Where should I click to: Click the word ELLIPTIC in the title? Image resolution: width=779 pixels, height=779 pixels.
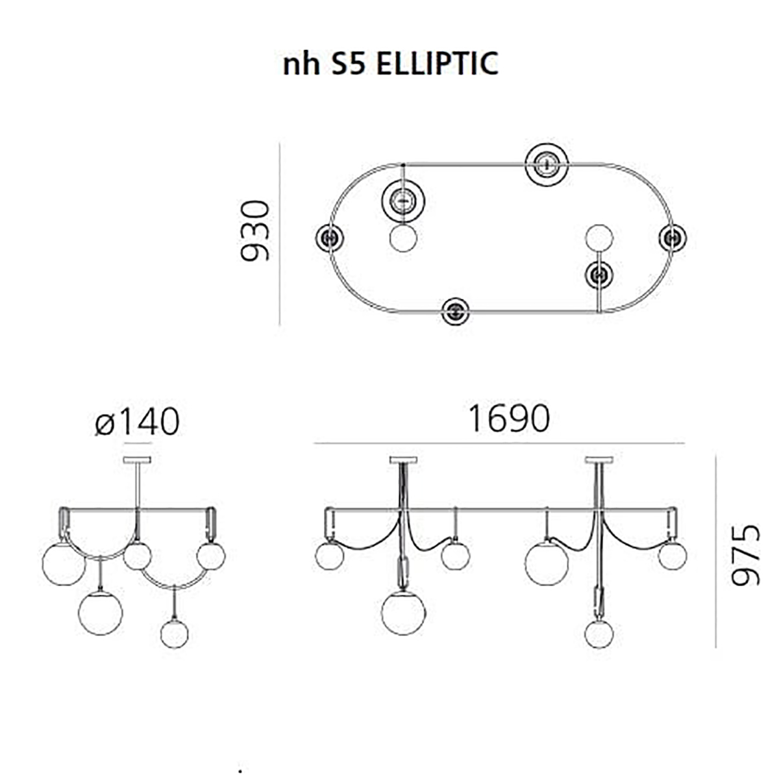437,64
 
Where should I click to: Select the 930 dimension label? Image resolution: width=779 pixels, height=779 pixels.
254,231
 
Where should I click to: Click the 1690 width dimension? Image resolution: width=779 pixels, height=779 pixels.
508,419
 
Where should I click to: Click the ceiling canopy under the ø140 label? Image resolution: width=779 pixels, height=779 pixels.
137,460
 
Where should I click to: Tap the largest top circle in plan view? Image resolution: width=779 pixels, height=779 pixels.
547,165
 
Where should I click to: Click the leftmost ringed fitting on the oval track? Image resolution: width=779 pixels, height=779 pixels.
329,238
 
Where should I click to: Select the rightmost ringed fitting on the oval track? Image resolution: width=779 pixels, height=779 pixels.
673,238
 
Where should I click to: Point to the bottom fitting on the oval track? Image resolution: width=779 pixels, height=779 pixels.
456,312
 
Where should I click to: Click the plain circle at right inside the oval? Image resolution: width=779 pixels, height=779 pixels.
599,238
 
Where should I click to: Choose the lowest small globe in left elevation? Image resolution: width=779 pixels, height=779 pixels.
174,634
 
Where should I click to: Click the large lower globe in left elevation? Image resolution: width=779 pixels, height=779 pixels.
100,613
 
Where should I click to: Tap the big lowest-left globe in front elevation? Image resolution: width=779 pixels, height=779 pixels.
403,613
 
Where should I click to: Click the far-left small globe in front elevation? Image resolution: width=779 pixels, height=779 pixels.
330,556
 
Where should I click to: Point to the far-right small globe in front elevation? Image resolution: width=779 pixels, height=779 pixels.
673,556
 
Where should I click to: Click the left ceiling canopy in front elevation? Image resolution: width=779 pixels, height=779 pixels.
403,460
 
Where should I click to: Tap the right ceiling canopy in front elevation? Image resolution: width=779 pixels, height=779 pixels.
599,460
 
